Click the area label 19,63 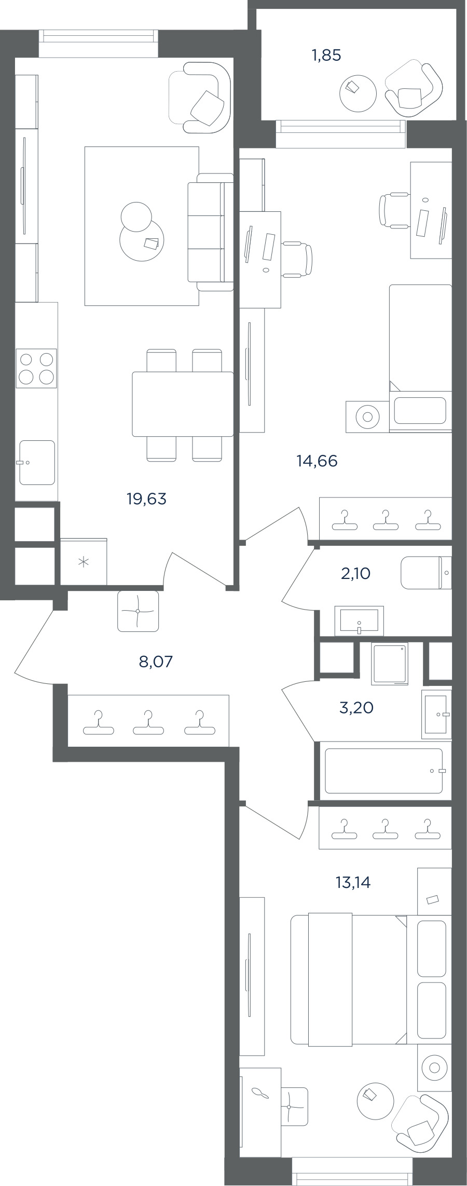[x=146, y=499]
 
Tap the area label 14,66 [x=317, y=461]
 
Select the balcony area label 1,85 [x=326, y=55]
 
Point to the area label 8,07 [x=156, y=662]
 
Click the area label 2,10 [x=356, y=574]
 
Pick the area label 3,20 [x=356, y=707]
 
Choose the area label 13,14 [x=353, y=882]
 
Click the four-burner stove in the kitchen [x=36, y=368]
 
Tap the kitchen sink [x=37, y=463]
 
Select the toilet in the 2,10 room [x=426, y=573]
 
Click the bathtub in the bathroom [x=384, y=771]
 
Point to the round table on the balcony [x=358, y=93]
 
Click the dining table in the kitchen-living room [x=183, y=404]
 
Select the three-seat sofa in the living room [x=210, y=232]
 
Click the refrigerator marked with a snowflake [x=84, y=561]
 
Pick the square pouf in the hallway [x=138, y=611]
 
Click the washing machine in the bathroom [x=390, y=664]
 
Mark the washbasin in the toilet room [x=359, y=621]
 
